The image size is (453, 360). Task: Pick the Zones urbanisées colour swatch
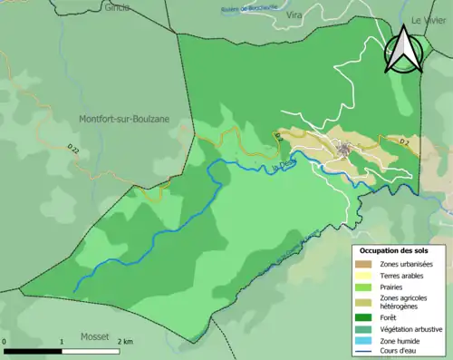point(367,264)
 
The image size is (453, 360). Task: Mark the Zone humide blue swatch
point(367,340)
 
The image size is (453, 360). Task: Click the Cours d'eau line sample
point(367,351)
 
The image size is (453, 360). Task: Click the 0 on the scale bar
point(5,342)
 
